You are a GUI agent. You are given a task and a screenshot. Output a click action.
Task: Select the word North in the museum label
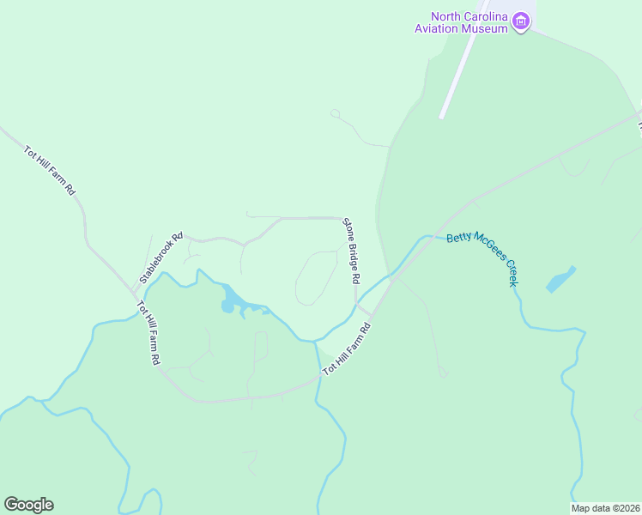pos(447,15)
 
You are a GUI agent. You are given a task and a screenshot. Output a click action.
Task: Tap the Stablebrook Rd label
pos(161,259)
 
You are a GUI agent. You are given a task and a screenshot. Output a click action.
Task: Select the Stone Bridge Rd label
pos(351,251)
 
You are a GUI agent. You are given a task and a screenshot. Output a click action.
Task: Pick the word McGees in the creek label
pos(487,256)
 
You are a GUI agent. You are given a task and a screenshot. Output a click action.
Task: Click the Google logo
pos(28,505)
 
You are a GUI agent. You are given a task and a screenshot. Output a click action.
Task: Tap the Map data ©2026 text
pos(604,508)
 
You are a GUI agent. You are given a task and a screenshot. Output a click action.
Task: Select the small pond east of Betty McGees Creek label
pos(560,279)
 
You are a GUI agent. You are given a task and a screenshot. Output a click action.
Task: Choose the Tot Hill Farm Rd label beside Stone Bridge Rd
pos(346,348)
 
